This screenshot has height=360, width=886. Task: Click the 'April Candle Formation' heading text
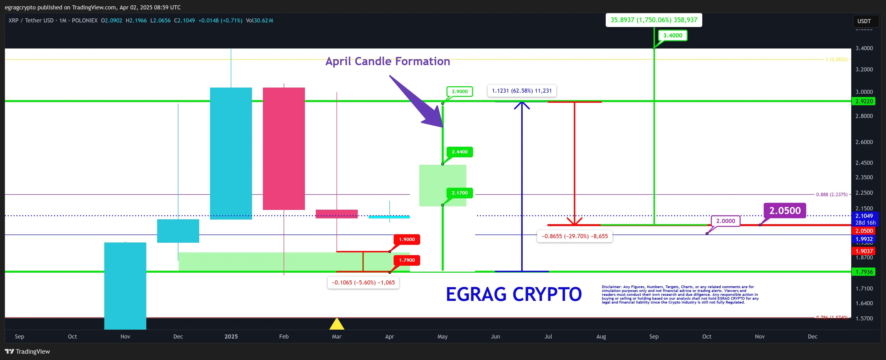tap(388, 61)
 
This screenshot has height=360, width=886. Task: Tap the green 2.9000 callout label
tap(459, 91)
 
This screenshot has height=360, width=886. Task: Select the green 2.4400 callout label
tap(459, 152)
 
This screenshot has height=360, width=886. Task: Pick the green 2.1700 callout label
tap(459, 193)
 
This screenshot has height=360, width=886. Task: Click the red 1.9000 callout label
tap(407, 239)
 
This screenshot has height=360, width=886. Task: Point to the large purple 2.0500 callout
tap(785, 210)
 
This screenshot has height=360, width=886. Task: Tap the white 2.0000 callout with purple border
tap(725, 221)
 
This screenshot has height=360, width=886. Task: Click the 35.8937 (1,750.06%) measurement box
tap(654, 20)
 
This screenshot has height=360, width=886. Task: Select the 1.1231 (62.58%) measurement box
tap(521, 91)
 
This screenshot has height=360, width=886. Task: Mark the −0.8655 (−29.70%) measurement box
tap(574, 236)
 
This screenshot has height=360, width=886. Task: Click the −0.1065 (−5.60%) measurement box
tap(363, 283)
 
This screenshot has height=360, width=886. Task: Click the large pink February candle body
tap(284, 149)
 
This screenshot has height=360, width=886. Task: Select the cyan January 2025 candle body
tap(231, 153)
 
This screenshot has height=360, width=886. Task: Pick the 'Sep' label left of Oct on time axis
tap(20, 336)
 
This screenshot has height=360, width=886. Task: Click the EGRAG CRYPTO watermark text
tap(513, 294)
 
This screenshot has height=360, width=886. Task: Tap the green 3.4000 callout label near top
tap(672, 35)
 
